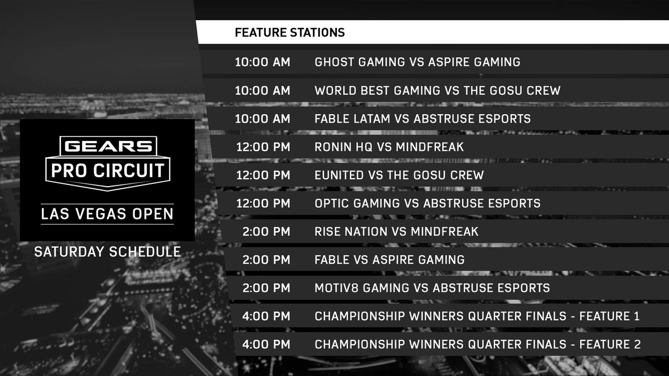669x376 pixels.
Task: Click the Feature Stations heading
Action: click(x=289, y=33)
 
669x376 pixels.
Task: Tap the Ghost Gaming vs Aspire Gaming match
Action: click(x=417, y=62)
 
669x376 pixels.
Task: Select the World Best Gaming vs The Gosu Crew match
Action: click(x=437, y=90)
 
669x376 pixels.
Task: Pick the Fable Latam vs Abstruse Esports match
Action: click(x=422, y=119)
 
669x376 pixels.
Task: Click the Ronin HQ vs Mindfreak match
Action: click(x=389, y=147)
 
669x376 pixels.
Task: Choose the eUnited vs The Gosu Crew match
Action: click(x=399, y=175)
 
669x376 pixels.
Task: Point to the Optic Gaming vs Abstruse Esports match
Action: click(x=427, y=203)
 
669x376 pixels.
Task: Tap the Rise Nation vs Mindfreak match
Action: click(x=396, y=231)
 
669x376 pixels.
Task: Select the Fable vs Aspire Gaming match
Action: click(x=389, y=260)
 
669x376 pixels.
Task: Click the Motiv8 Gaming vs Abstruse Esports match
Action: click(x=432, y=288)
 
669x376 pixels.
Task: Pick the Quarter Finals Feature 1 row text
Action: click(x=477, y=316)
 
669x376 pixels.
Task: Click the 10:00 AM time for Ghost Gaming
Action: click(x=263, y=62)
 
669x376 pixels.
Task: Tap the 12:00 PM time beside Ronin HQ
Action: click(x=263, y=147)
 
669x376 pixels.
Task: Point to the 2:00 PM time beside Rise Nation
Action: click(x=266, y=231)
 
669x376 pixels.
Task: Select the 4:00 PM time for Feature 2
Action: click(x=266, y=345)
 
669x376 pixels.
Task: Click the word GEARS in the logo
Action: click(x=108, y=147)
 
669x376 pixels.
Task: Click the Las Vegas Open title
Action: click(x=108, y=214)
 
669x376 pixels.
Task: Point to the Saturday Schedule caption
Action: click(x=108, y=252)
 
